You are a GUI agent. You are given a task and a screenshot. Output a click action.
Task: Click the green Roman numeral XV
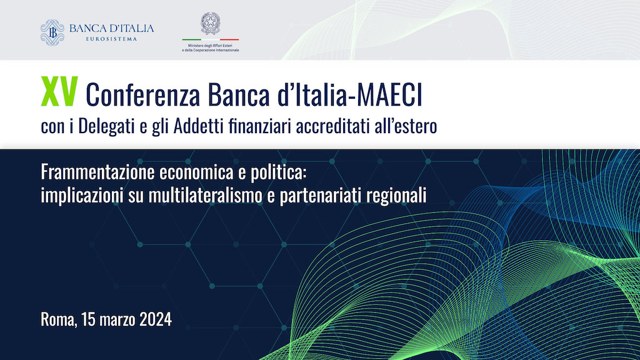tap(59, 92)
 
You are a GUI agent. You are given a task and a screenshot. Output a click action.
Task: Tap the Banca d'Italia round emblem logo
tap(52, 32)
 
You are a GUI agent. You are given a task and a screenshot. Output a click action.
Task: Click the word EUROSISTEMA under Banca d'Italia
tap(111, 39)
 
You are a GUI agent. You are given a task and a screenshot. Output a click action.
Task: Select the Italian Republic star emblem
tap(211, 23)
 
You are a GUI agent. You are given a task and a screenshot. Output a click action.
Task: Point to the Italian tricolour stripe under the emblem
tap(211, 39)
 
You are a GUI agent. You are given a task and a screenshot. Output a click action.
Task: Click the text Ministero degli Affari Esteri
tap(210, 46)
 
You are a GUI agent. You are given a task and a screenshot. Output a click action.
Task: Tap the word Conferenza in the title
tap(143, 95)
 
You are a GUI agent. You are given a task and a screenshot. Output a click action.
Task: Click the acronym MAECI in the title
tap(389, 95)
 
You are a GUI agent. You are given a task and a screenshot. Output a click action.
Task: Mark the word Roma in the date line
tap(58, 319)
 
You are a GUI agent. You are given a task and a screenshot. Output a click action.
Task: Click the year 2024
tap(156, 319)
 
